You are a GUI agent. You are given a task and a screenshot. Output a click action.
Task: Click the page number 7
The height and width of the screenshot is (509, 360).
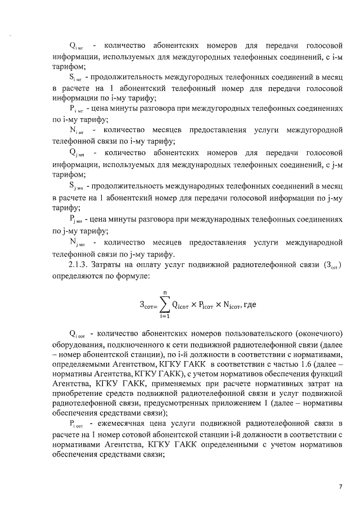(x=340, y=486)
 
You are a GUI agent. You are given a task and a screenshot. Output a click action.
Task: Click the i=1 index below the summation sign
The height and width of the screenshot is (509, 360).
(x=165, y=321)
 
